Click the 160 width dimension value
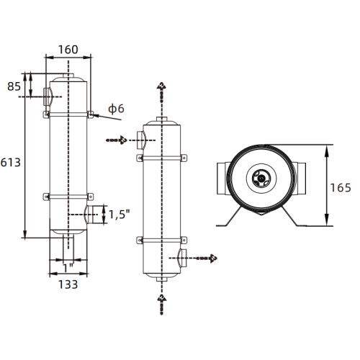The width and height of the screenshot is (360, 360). click(68, 50)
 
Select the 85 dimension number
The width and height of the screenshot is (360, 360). click(14, 86)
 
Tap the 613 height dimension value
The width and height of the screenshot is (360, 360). click(11, 163)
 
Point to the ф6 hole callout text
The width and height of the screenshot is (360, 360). click(116, 109)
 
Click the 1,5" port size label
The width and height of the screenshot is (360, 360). click(120, 214)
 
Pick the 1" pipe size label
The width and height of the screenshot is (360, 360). click(68, 268)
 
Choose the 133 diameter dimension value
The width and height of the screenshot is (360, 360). click(68, 284)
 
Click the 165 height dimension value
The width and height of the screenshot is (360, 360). click(341, 188)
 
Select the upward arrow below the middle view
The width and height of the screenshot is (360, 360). click(162, 304)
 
